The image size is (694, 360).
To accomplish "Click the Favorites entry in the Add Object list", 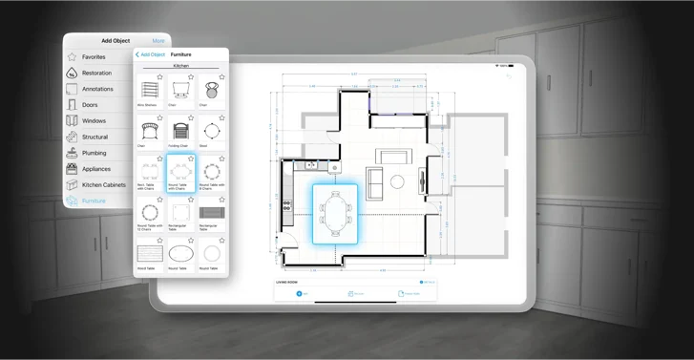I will (x=94, y=57).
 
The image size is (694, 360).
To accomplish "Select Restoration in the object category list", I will (x=96, y=73).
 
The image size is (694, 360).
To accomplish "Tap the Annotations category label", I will (x=97, y=89).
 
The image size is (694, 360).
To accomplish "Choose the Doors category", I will (x=90, y=105).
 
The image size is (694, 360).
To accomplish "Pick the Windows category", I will (x=94, y=121).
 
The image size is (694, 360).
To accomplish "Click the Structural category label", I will (x=95, y=138).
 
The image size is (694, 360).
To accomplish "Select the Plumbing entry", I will (x=94, y=153).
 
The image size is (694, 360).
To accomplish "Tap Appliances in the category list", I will (x=96, y=169).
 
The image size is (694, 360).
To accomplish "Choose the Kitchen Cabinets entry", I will (x=103, y=184).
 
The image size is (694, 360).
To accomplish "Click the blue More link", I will (x=158, y=41).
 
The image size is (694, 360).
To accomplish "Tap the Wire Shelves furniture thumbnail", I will (x=149, y=93).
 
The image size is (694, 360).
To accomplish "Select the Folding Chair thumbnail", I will (x=180, y=132).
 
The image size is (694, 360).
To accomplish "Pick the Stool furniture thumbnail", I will (x=211, y=132).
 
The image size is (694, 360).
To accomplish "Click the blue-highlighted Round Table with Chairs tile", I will (x=180, y=173).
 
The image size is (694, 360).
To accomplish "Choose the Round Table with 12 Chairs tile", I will (x=149, y=214).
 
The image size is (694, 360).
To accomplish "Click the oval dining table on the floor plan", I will (x=335, y=213).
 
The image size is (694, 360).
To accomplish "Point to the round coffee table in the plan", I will (x=397, y=181).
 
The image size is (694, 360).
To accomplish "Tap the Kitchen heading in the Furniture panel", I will (x=180, y=66).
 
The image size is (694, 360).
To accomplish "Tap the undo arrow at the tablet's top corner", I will (x=509, y=76).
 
